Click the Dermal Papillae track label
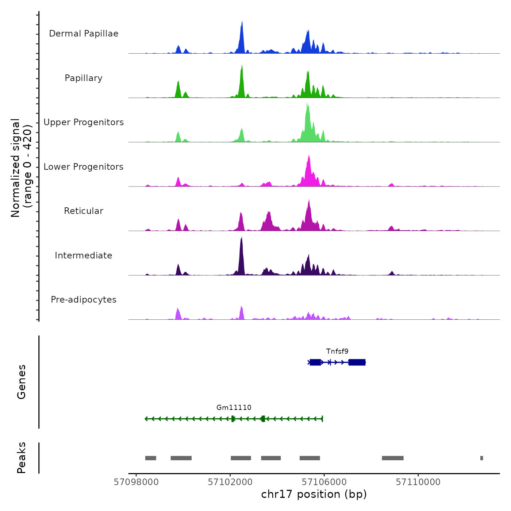tap(84, 34)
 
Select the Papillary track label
tap(84, 78)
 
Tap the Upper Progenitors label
tap(84, 122)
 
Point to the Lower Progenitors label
tap(84, 167)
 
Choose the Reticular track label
tap(84, 211)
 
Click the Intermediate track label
tap(84, 255)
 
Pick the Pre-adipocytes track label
tap(84, 300)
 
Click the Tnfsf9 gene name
tap(337, 351)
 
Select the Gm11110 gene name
tap(234, 408)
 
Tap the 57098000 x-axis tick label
tap(136, 482)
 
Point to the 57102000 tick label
tap(230, 482)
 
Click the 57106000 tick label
tap(324, 482)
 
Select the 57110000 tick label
tap(418, 482)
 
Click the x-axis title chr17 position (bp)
tap(314, 494)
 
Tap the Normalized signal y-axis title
tap(21, 168)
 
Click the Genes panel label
tap(22, 382)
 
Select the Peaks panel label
tap(22, 458)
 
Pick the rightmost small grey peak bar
tap(481, 458)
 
